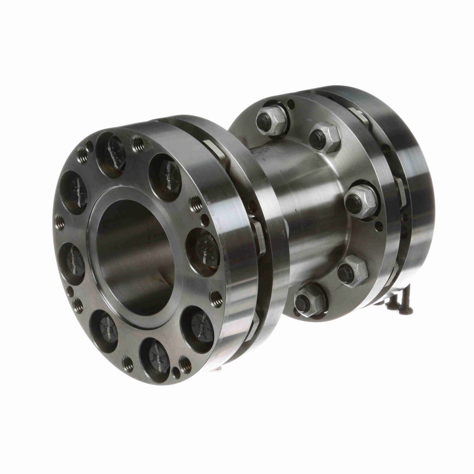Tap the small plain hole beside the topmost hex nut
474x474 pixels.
(x=291, y=104)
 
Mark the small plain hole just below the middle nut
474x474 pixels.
(x=379, y=226)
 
